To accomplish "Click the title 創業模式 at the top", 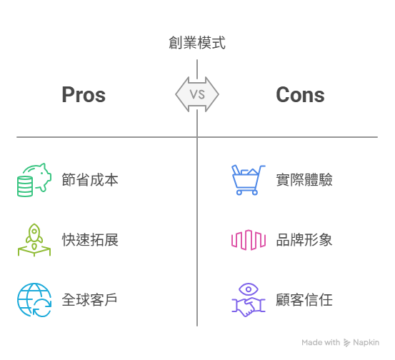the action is tap(197, 43).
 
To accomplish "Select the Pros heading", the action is tap(84, 94).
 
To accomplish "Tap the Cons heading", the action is tap(300, 94).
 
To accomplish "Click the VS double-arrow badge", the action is tap(197, 94).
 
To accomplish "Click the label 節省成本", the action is tap(90, 179).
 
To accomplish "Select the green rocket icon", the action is tap(34, 239).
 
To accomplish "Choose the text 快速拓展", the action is tap(90, 239).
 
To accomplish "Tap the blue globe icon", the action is tap(34, 299).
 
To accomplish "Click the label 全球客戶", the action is tap(89, 299).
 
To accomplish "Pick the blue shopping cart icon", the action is tap(249, 179).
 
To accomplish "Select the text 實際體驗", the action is tap(304, 179).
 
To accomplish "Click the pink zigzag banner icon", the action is tap(249, 239).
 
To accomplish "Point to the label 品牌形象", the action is tap(304, 239).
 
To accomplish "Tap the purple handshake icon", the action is tap(249, 306).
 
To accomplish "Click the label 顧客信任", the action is tap(304, 299).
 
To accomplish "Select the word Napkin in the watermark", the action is tap(366, 342).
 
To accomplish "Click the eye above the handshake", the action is tap(249, 289).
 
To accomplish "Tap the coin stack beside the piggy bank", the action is tap(25, 186).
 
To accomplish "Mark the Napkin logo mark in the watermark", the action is tap(347, 343).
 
